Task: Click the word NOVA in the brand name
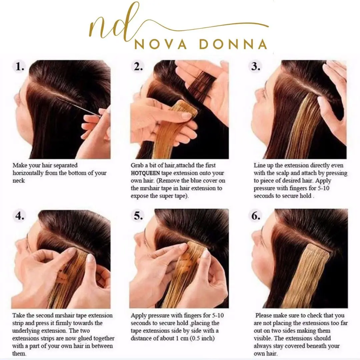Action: (x=160, y=44)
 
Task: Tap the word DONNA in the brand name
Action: (x=233, y=44)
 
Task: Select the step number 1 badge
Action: (x=20, y=67)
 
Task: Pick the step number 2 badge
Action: (x=138, y=67)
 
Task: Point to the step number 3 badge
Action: (x=256, y=67)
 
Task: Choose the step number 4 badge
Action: (x=20, y=216)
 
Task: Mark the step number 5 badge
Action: (x=138, y=216)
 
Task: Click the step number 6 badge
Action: (x=256, y=216)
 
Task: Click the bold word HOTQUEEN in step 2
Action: (x=145, y=173)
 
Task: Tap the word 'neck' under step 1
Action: (x=19, y=181)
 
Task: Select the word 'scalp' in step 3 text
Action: (x=282, y=173)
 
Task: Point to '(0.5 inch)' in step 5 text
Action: (x=202, y=338)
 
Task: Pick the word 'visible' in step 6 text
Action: (x=262, y=338)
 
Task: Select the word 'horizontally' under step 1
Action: (x=28, y=173)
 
